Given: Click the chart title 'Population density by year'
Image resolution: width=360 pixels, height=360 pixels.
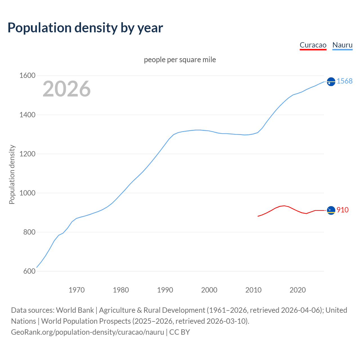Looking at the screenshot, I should point(85,28).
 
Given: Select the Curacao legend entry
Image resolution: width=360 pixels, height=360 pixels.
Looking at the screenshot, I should point(313,45).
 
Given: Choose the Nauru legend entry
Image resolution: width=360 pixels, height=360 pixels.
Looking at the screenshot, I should point(342,45).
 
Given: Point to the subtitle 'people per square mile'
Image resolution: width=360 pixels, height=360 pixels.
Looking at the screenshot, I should point(180,60).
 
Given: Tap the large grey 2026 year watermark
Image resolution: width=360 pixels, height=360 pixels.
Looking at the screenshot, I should point(67,89).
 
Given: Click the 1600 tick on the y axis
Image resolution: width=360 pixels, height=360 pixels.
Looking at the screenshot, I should point(27,76).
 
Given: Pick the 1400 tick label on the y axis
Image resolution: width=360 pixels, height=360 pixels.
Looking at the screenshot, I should point(27,115).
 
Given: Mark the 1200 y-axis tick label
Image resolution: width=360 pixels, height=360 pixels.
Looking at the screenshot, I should point(27,154).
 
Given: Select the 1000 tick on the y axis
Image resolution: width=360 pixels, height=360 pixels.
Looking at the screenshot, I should point(27,193).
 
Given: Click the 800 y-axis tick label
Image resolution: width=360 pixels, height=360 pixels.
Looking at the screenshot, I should point(29,232).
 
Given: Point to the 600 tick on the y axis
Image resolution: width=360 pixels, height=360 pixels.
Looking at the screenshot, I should point(29,271).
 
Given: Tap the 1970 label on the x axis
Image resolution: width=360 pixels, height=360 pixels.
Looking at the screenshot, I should point(76,290).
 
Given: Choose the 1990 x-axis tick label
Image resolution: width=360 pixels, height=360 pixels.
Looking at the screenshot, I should point(165,290).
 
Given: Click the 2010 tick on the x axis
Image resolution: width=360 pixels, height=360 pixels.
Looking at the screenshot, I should point(253,290).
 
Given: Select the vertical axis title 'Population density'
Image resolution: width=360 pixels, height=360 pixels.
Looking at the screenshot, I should point(12,174).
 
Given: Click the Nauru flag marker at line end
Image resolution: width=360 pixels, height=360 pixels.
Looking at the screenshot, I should point(331,82).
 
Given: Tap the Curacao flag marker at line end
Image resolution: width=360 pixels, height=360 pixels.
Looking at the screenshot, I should point(331,210).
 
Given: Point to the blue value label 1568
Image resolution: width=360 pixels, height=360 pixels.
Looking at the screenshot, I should point(345,81).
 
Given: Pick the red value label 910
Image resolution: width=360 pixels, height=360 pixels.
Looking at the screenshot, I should point(343,210).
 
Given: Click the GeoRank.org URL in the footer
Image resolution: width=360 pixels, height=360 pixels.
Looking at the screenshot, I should point(87,332).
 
